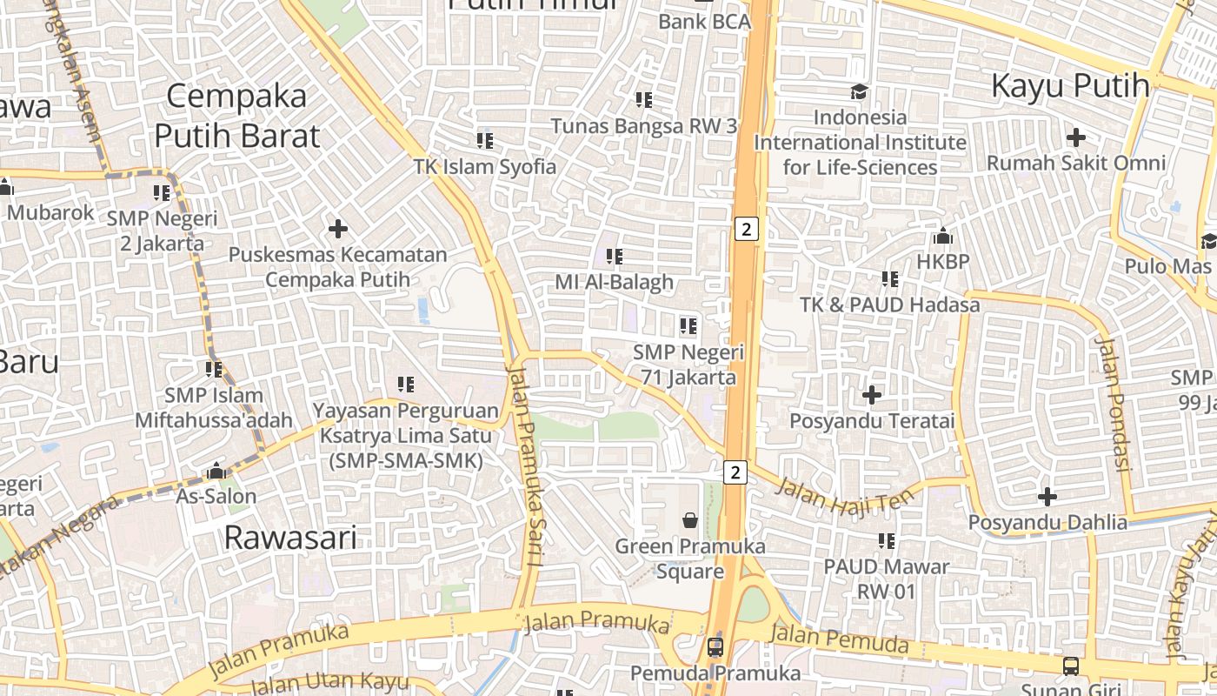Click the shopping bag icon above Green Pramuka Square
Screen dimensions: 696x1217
pyautogui.click(x=690, y=520)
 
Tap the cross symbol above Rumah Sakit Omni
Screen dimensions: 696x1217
pyautogui.click(x=1076, y=137)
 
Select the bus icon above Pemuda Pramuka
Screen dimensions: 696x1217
pyautogui.click(x=715, y=647)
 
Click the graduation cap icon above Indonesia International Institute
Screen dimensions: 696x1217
pyautogui.click(x=859, y=92)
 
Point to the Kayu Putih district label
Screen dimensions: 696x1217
pyautogui.click(x=1070, y=86)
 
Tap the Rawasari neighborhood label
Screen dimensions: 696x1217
pyautogui.click(x=290, y=538)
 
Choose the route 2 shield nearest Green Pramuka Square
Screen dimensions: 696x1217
pyautogui.click(x=735, y=472)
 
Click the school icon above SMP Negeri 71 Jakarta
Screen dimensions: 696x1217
pyautogui.click(x=688, y=327)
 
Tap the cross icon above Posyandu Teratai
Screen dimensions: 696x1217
pyautogui.click(x=872, y=396)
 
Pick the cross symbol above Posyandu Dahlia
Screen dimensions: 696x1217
pyautogui.click(x=1047, y=497)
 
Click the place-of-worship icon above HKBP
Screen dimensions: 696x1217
pyautogui.click(x=943, y=236)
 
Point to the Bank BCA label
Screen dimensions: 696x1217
pyautogui.click(x=704, y=22)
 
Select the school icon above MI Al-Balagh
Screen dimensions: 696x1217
pyautogui.click(x=615, y=257)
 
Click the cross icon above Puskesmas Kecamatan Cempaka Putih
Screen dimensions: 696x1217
pyautogui.click(x=338, y=230)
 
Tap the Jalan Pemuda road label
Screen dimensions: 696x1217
pyautogui.click(x=839, y=639)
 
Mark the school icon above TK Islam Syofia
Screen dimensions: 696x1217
pyautogui.click(x=485, y=140)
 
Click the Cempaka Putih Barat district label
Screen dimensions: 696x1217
pyautogui.click(x=236, y=116)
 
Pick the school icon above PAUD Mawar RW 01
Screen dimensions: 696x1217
pyautogui.click(x=887, y=541)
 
